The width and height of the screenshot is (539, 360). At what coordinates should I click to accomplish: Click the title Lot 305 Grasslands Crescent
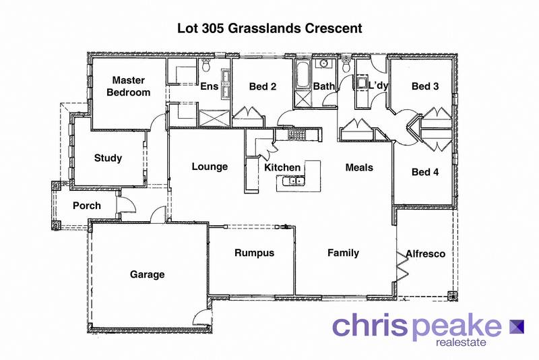click(269, 29)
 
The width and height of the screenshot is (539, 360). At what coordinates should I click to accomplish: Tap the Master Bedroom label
click(129, 86)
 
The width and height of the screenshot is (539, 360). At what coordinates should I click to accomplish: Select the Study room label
click(108, 158)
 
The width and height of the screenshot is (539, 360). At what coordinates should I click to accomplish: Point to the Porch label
click(86, 206)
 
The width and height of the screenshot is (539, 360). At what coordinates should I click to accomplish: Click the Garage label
click(147, 274)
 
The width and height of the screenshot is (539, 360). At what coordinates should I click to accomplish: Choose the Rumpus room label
click(254, 253)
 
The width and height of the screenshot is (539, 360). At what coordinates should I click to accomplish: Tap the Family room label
click(343, 253)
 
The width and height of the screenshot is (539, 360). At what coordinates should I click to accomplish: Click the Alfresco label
click(425, 254)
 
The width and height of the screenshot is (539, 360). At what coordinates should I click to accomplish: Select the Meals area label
click(359, 167)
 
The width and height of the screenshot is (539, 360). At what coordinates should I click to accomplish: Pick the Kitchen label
click(282, 167)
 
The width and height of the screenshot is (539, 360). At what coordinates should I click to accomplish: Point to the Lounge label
click(210, 167)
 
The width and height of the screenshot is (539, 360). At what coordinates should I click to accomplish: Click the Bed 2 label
click(263, 86)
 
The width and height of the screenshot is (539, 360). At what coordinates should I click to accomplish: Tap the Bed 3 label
click(425, 86)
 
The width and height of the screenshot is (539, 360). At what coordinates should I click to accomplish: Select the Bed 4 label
click(425, 172)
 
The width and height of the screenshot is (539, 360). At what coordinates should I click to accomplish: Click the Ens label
click(208, 86)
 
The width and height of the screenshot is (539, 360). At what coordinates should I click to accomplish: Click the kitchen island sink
click(293, 181)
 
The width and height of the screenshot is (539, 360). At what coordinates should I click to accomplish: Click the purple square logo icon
click(517, 326)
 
